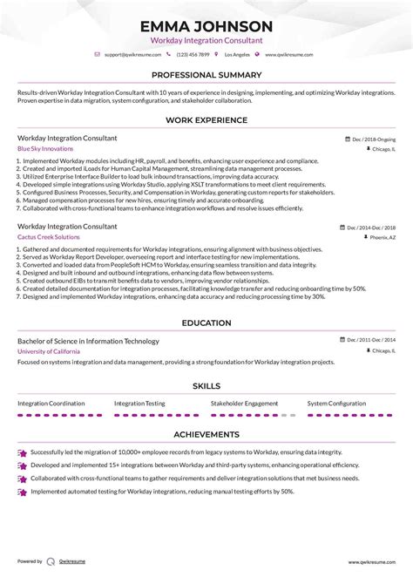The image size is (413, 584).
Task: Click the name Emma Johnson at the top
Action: coord(206,25)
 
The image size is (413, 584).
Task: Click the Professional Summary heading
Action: coord(206,76)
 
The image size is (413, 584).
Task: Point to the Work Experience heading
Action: coord(206,119)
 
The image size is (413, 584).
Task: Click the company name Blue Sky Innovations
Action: coord(45,149)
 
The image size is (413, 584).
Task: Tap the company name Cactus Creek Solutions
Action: coord(47,237)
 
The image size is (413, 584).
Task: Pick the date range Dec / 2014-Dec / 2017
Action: coord(370,227)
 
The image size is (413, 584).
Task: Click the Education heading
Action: coord(206,323)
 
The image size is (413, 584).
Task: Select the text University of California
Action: coord(48,351)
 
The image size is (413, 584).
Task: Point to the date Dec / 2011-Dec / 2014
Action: coord(370,341)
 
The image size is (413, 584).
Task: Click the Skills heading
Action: coord(206,385)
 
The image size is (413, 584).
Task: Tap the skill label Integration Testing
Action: coord(140,404)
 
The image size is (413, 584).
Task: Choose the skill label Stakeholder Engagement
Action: coord(245,404)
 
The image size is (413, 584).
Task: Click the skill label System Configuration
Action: coord(336,404)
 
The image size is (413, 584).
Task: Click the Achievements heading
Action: coord(206,434)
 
